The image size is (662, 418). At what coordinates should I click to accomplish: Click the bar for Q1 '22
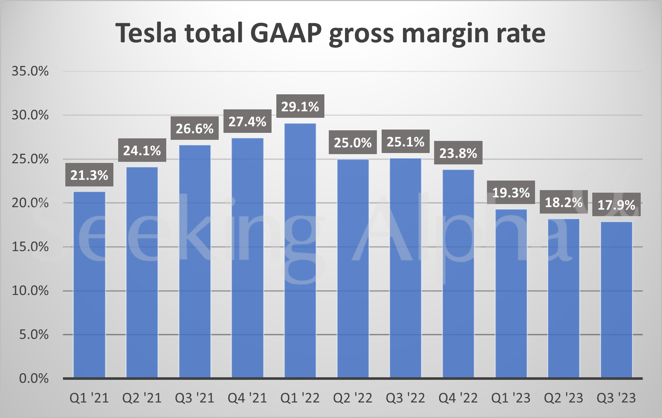(300, 251)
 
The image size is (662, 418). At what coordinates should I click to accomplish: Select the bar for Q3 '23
(616, 300)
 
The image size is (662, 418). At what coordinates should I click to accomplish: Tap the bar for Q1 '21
(89, 285)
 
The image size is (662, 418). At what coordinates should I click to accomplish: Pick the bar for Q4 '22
(458, 274)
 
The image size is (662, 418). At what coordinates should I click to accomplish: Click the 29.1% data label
(300, 107)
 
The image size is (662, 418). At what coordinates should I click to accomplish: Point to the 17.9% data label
(616, 204)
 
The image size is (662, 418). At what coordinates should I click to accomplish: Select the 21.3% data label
(89, 175)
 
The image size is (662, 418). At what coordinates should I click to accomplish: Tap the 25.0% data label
(353, 142)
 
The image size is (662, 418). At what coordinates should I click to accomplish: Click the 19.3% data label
(511, 192)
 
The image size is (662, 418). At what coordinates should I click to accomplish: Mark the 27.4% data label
(247, 121)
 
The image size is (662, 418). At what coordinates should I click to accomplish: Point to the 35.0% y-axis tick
(30, 71)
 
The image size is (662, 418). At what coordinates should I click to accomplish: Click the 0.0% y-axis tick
(34, 378)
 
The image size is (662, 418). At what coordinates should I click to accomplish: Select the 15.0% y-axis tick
(30, 247)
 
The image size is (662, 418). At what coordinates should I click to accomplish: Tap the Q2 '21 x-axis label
(142, 398)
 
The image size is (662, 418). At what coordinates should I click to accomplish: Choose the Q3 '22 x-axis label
(405, 398)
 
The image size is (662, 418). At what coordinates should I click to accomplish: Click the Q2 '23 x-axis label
(563, 398)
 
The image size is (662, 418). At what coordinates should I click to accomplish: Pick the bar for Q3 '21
(194, 262)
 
